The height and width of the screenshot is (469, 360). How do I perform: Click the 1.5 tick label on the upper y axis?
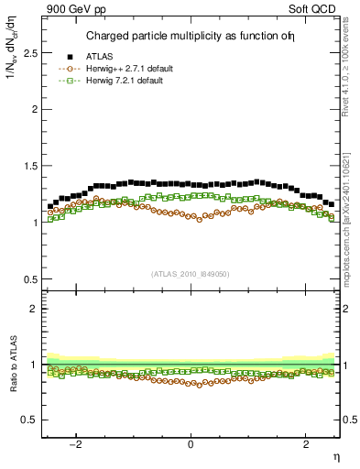[30, 166]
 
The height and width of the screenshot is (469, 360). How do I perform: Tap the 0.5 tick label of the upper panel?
[30, 279]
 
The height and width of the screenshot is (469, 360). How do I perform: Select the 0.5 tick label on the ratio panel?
[30, 420]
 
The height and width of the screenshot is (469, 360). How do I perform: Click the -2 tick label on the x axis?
[77, 445]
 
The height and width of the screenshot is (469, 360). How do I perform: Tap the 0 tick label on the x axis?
[191, 445]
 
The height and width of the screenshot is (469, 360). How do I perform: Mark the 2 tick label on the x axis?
[305, 445]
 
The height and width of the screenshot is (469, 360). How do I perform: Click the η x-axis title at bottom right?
[335, 457]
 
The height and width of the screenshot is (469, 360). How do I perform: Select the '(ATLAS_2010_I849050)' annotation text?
[191, 274]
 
